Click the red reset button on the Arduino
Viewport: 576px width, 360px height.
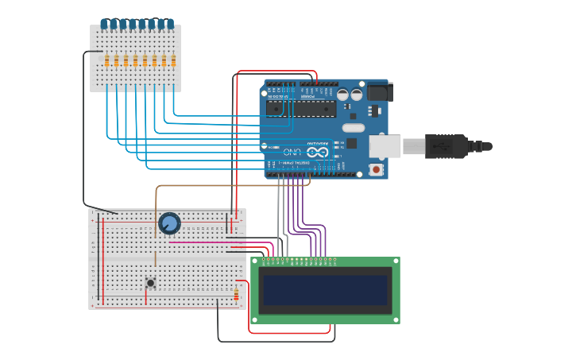pos(376,168)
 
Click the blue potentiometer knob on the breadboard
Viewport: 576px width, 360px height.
pos(168,223)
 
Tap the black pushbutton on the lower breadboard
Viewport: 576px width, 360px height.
pos(150,282)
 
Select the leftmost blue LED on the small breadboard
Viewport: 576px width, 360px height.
pos(104,24)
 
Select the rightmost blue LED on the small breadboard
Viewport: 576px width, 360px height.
pos(170,24)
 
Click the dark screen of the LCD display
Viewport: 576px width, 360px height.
pos(325,290)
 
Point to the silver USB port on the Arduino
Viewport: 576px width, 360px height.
pos(385,146)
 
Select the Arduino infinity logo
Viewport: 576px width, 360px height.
pos(317,151)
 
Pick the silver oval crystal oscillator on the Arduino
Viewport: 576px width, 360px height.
pos(354,128)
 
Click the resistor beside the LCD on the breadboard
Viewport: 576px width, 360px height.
pos(236,296)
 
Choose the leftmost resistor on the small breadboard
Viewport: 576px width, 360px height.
pos(106,61)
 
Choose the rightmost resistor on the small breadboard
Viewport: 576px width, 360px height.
pos(173,61)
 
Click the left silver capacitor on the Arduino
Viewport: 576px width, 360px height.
pos(342,95)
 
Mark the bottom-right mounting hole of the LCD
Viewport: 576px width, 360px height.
pos(395,319)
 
